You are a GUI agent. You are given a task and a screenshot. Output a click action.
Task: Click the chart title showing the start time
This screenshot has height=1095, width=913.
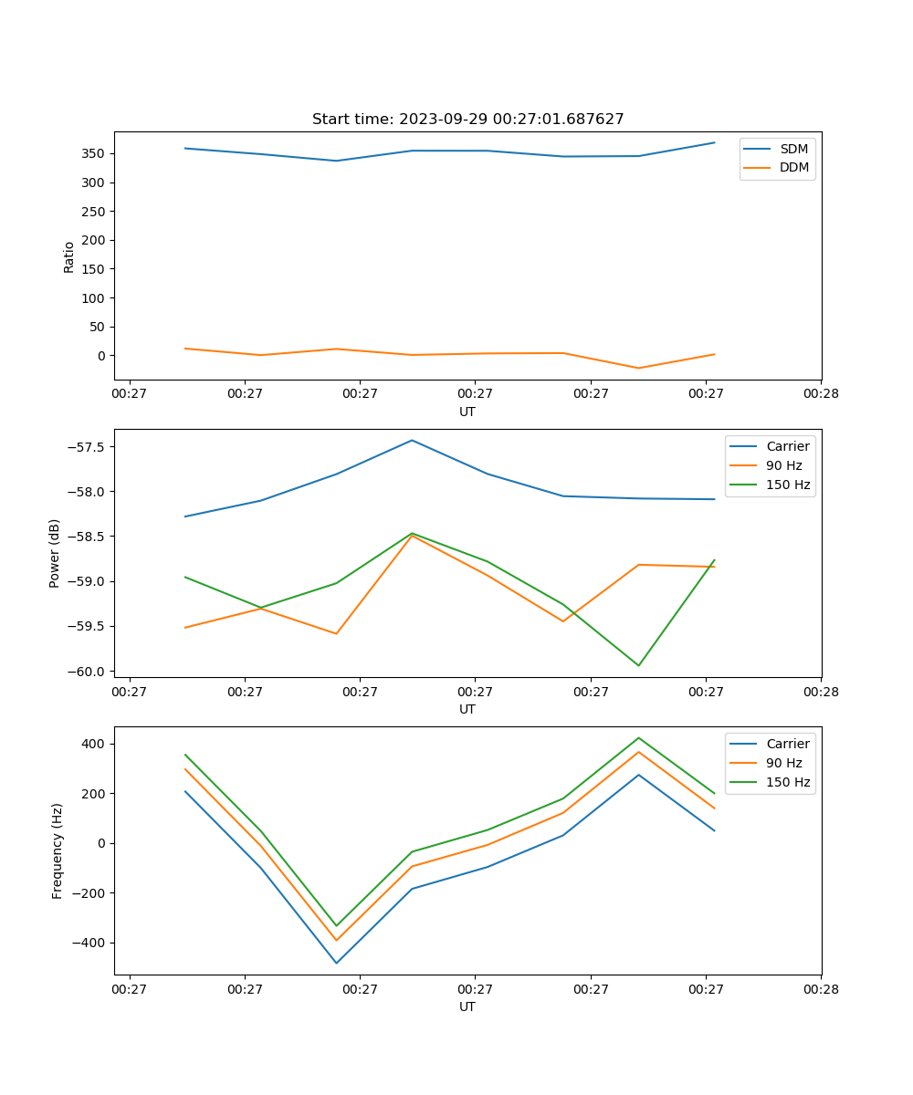pyautogui.click(x=467, y=120)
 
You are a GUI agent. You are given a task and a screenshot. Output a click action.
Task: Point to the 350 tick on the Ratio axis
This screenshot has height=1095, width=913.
pyautogui.click(x=94, y=153)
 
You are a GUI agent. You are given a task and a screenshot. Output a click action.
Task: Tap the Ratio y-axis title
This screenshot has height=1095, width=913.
pyautogui.click(x=69, y=257)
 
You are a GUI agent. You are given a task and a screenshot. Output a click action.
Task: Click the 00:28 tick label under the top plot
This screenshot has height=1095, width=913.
pyautogui.click(x=821, y=394)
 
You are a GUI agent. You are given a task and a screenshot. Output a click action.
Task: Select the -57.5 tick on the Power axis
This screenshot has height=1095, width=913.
pyautogui.click(x=89, y=447)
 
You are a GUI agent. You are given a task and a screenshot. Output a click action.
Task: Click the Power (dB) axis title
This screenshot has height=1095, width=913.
pyautogui.click(x=55, y=553)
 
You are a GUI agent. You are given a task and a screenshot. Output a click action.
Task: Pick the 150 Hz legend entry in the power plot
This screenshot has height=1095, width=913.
pyautogui.click(x=788, y=485)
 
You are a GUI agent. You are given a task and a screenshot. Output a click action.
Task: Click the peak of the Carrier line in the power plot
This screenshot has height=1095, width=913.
pyautogui.click(x=412, y=441)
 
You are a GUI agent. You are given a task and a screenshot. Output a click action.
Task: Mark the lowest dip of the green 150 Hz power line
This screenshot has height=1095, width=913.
pyautogui.click(x=638, y=665)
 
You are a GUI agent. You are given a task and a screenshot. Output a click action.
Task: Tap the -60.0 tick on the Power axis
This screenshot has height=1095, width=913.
pyautogui.click(x=89, y=672)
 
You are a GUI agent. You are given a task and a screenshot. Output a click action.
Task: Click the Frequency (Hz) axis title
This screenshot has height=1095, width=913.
pyautogui.click(x=58, y=850)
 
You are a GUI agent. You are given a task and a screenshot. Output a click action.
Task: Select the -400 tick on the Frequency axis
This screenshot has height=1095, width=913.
pyautogui.click(x=89, y=943)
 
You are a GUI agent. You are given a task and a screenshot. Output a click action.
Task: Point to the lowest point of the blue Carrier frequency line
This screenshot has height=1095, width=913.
pyautogui.click(x=336, y=963)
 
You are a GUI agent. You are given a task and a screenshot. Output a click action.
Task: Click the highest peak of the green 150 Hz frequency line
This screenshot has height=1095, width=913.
pyautogui.click(x=638, y=738)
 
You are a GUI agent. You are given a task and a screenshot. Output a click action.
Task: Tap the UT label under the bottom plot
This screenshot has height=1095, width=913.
pyautogui.click(x=467, y=1006)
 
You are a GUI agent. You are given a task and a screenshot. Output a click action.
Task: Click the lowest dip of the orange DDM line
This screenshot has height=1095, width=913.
pyautogui.click(x=638, y=368)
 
